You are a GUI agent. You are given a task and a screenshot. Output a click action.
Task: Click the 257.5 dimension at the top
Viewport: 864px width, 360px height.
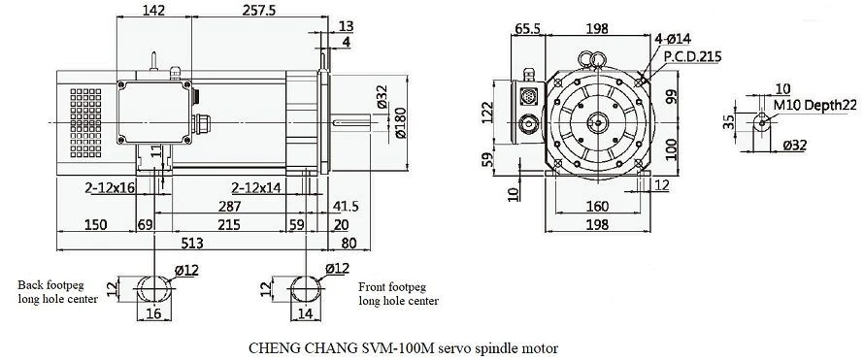[x=259, y=10]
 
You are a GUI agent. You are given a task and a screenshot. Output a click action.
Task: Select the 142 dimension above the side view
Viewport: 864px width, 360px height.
[x=153, y=10]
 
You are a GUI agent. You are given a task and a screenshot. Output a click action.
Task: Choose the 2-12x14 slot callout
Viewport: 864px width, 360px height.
[x=256, y=187]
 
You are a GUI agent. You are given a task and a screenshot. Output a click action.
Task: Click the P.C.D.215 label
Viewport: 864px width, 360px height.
[x=692, y=56]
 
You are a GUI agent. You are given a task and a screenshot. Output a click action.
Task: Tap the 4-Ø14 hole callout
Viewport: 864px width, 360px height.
[x=673, y=39]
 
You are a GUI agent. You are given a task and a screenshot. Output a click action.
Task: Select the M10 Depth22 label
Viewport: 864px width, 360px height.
[x=814, y=105]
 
